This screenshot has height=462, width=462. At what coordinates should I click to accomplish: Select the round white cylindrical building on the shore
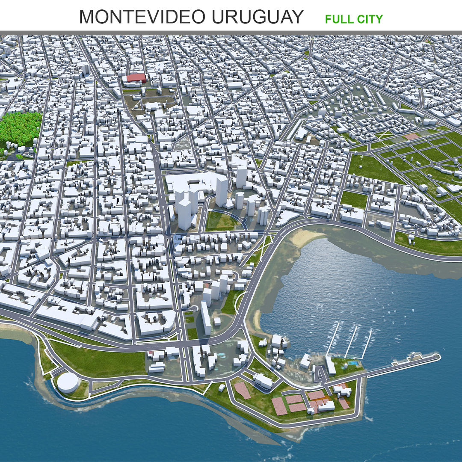point(68,382)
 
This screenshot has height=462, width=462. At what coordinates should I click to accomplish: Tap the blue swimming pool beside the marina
point(352,363)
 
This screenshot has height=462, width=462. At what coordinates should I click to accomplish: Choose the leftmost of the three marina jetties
point(334,338)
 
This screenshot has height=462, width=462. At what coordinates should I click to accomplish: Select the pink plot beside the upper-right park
point(412,136)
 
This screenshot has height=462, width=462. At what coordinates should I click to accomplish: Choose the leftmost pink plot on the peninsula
point(242,390)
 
